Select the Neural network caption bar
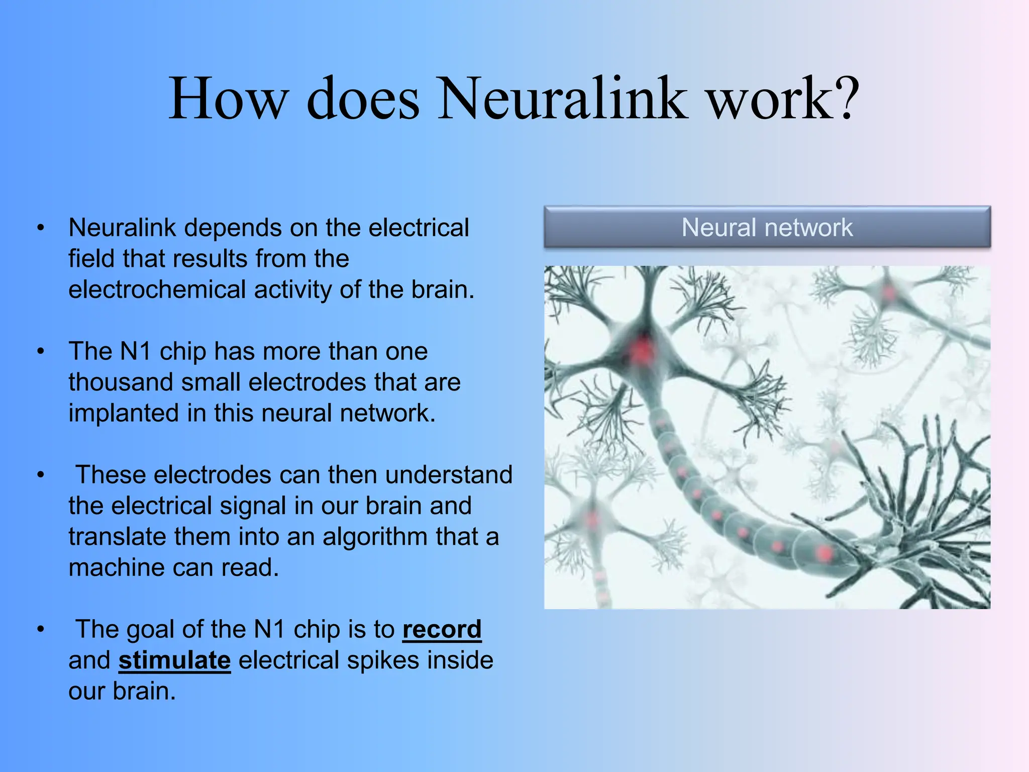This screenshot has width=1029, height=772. click(767, 227)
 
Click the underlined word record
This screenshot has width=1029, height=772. click(442, 629)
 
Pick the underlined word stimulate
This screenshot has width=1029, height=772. click(174, 660)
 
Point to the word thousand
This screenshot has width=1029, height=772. click(121, 382)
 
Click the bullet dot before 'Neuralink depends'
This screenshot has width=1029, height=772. click(41, 228)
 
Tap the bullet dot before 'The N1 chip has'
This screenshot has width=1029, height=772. click(41, 351)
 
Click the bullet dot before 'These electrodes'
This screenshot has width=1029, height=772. click(41, 475)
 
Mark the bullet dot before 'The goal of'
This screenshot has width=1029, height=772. click(41, 629)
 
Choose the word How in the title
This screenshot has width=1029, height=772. click(229, 99)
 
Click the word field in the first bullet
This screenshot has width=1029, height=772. click(91, 259)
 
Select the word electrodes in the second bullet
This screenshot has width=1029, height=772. click(307, 382)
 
